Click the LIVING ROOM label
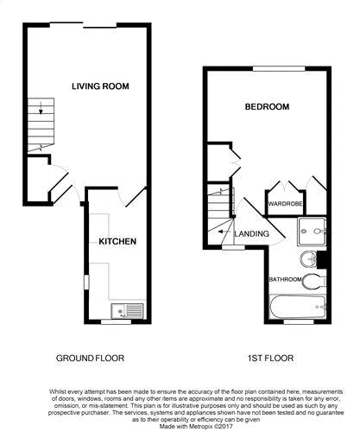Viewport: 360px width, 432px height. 100,86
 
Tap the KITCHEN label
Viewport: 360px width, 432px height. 117,241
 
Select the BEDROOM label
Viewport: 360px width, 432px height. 267,107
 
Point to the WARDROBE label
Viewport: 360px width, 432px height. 285,204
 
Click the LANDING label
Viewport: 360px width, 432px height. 252,233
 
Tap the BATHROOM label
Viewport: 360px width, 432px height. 285,279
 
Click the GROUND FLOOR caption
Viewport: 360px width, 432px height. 90,359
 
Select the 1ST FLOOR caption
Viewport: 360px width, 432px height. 270,359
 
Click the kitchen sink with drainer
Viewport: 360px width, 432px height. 127,311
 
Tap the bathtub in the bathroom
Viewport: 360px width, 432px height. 298,307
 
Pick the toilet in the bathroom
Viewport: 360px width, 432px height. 314,282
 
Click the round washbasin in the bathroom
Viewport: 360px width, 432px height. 308,259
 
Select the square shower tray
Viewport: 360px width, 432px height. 312,232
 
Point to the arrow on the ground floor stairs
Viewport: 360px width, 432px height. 41,108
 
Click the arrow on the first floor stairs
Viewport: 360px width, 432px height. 223,232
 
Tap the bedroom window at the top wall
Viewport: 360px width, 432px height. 279,68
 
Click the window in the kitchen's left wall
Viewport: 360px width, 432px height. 86,283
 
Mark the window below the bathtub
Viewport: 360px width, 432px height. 299,321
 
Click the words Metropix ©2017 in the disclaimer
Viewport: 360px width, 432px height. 209,426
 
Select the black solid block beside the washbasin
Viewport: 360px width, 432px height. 321,260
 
